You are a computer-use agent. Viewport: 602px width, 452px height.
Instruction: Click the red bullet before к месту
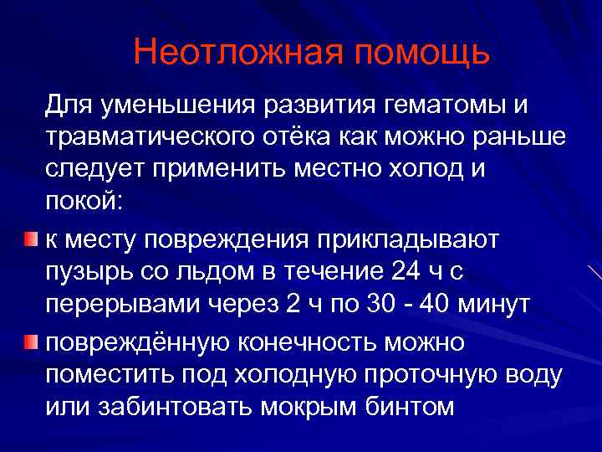coord(30,240)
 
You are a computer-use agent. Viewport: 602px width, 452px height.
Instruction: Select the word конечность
coord(322,341)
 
